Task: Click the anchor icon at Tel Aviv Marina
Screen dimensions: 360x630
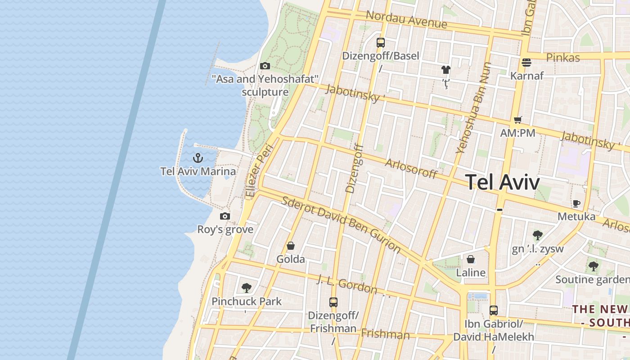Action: [198, 158]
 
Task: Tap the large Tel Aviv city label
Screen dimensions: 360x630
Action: [502, 182]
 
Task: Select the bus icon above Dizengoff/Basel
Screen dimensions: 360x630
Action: [381, 43]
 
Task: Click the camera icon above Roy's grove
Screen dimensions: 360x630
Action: [225, 216]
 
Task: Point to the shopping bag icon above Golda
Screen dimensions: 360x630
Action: [291, 246]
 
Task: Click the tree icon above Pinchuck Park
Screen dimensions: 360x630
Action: [246, 288]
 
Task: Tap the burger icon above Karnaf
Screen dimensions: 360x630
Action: [526, 62]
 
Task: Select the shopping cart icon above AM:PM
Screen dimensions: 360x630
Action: [517, 120]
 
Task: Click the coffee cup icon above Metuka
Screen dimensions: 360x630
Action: [576, 203]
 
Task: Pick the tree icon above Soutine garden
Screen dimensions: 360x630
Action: [594, 266]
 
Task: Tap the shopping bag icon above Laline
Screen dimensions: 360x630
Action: [471, 259]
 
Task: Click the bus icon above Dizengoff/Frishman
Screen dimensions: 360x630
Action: [333, 302]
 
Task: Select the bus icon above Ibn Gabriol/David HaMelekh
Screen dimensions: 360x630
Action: [494, 310]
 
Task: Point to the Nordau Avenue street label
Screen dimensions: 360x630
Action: [406, 19]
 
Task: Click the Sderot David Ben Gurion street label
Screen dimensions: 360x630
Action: [341, 224]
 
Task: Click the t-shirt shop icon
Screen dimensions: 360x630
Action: [445, 70]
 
